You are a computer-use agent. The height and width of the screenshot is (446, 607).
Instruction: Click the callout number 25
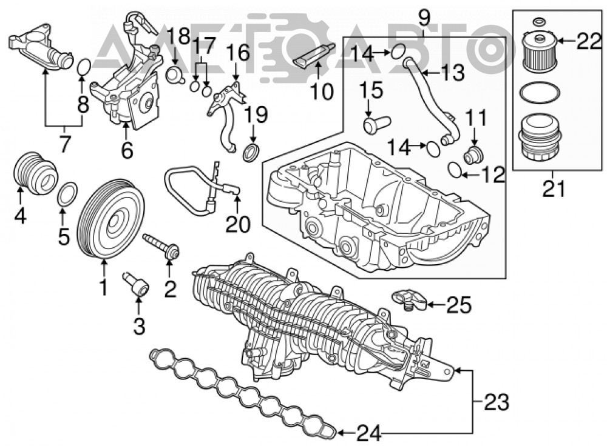459,305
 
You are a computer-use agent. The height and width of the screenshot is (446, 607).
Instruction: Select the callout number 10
322,92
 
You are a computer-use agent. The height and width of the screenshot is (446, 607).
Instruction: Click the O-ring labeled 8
84,67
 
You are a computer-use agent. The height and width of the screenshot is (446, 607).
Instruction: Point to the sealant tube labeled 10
314,55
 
